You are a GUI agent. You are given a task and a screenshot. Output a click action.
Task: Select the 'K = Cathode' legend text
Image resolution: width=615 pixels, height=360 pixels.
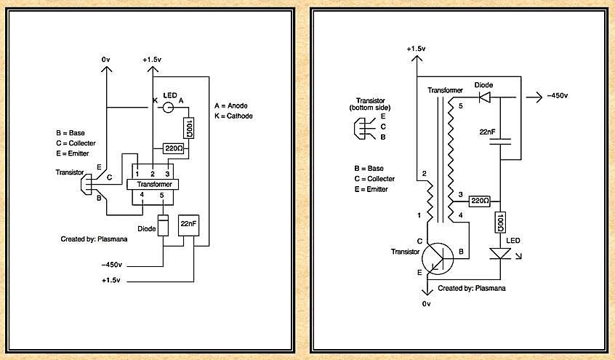click(x=235, y=116)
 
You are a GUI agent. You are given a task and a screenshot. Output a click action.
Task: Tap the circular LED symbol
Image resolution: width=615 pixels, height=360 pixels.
click(x=167, y=108)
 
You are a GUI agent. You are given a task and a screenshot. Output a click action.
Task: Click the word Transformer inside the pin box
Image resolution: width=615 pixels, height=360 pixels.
click(x=153, y=185)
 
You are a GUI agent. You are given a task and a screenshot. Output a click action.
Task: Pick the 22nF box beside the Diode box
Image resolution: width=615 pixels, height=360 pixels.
click(x=190, y=226)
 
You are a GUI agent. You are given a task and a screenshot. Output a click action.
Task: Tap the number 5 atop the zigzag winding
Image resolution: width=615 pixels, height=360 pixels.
click(x=459, y=107)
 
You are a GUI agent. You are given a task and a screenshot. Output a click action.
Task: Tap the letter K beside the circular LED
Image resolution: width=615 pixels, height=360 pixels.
click(x=154, y=100)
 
